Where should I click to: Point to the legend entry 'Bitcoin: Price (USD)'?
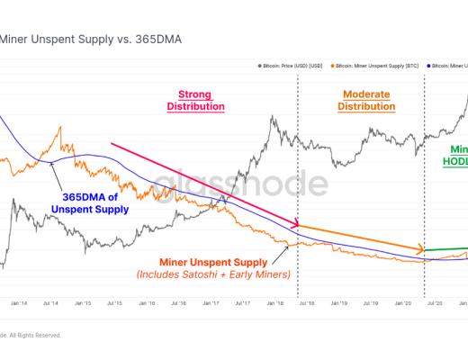289,67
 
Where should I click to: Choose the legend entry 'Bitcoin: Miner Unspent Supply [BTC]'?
379,67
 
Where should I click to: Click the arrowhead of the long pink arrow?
296,224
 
